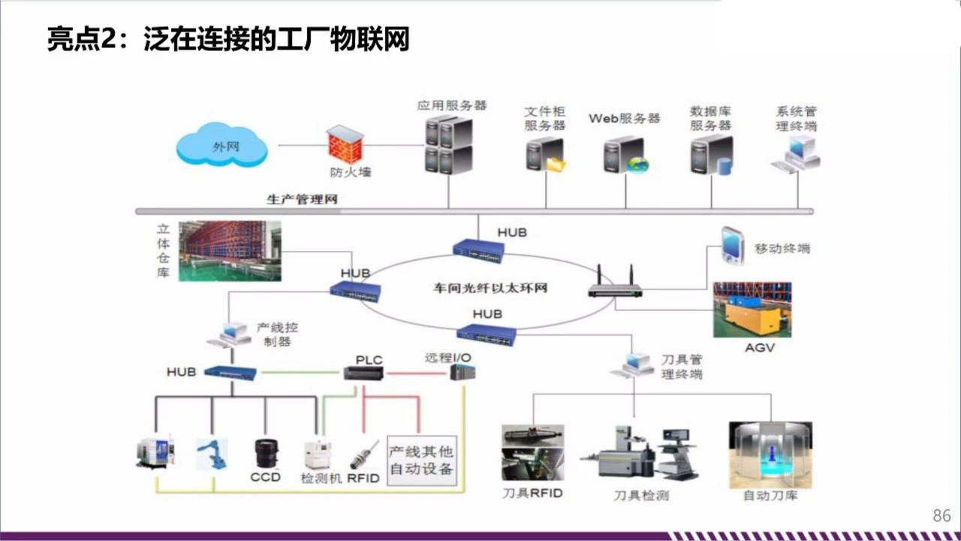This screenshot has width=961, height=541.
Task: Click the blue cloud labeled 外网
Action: [222, 147]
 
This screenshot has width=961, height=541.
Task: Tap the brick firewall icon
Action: [345, 145]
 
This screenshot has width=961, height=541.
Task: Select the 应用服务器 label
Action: [452, 105]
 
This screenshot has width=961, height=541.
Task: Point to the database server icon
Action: [711, 156]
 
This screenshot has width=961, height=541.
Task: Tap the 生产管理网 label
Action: [302, 199]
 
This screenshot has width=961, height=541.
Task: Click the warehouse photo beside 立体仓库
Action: [230, 251]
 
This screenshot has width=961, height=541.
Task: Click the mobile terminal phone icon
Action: [732, 246]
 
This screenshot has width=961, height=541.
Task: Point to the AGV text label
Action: [759, 348]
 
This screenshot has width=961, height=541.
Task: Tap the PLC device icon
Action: [364, 373]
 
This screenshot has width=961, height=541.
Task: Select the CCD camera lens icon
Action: [267, 453]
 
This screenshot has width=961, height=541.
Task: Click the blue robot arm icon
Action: [212, 453]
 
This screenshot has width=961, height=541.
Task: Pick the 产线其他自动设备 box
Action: [421, 460]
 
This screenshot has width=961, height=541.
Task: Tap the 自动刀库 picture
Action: [770, 455]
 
